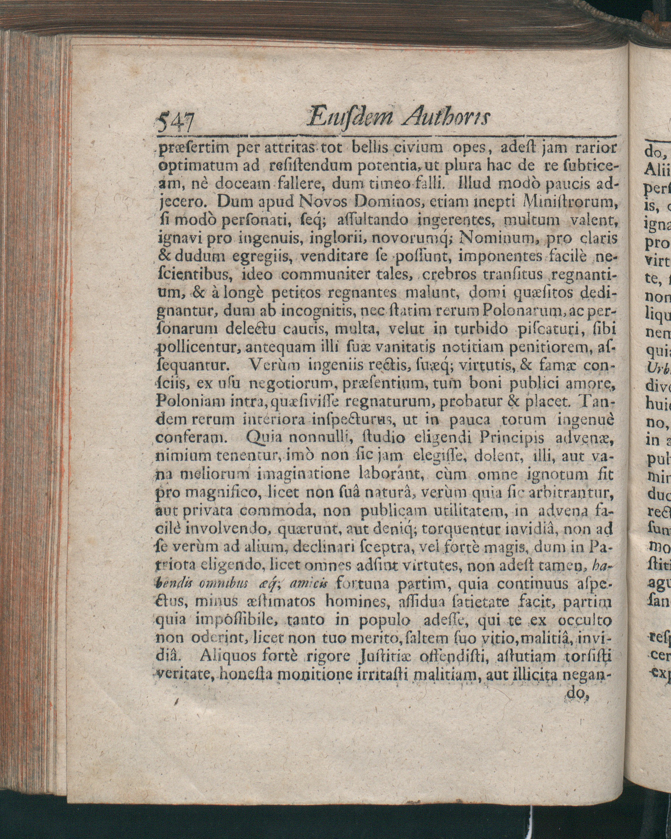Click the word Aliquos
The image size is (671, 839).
pyautogui.click(x=226, y=657)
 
